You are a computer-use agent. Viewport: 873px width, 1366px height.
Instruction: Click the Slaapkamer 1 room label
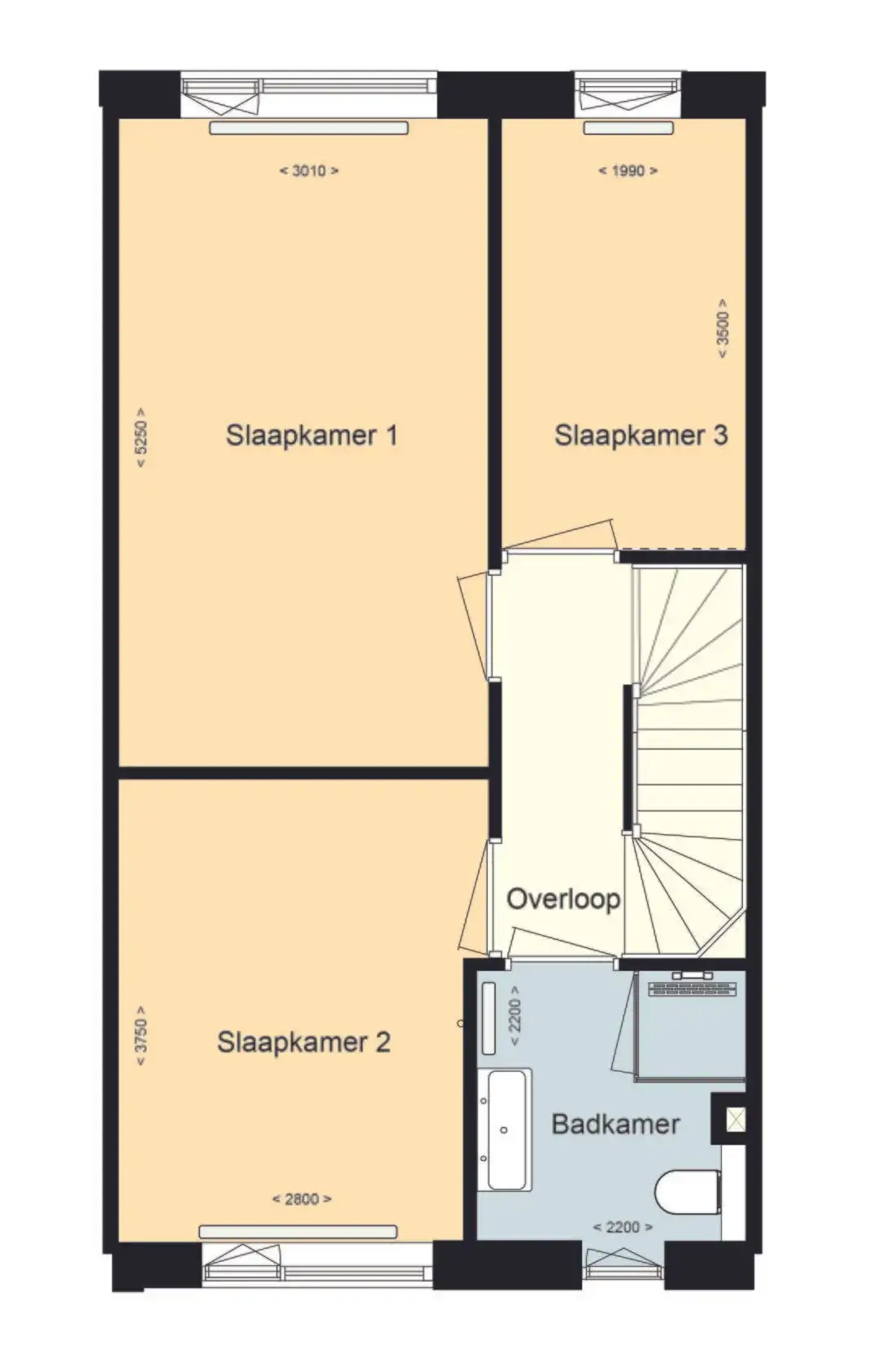click(x=311, y=436)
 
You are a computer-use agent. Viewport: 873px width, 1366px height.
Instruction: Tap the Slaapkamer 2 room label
click(x=304, y=1042)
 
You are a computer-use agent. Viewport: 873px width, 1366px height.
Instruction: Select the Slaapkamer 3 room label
click(x=641, y=436)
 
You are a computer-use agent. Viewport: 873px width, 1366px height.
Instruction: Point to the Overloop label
click(x=563, y=899)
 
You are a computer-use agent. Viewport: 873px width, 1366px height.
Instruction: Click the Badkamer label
click(x=616, y=1124)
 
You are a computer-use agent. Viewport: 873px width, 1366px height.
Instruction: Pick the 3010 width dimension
click(x=309, y=171)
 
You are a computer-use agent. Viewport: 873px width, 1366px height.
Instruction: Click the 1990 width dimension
click(x=628, y=171)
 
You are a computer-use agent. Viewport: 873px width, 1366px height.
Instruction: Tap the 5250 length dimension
click(x=141, y=437)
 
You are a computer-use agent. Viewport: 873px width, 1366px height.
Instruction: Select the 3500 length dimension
click(x=723, y=328)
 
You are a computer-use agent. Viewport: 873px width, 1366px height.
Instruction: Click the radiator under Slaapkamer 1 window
click(x=309, y=128)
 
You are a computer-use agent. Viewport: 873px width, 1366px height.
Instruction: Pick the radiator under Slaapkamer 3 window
click(x=628, y=128)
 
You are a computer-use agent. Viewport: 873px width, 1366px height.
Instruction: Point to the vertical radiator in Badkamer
click(x=489, y=1018)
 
